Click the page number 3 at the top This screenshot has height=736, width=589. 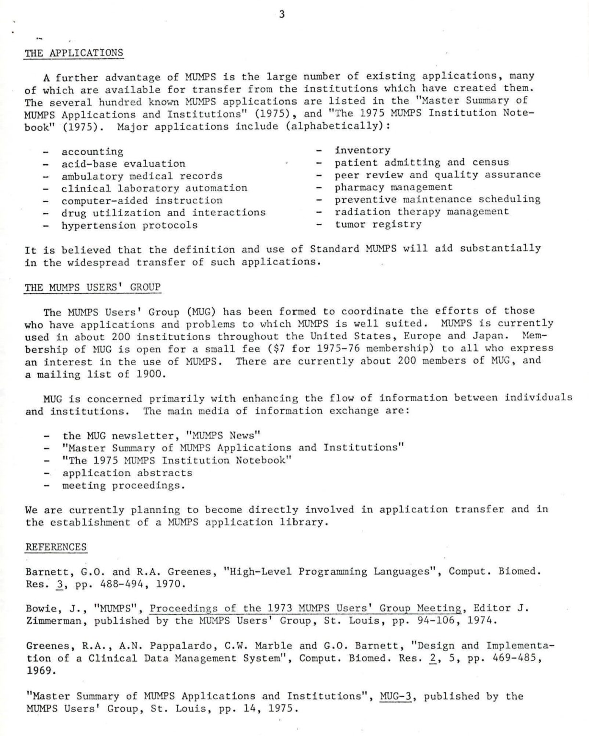click(x=282, y=15)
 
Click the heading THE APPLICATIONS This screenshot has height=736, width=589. click(x=74, y=53)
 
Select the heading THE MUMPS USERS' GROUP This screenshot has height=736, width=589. click(x=92, y=287)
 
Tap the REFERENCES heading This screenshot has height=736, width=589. click(x=56, y=547)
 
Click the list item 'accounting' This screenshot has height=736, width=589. click(x=92, y=152)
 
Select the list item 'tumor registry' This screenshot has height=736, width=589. click(x=378, y=224)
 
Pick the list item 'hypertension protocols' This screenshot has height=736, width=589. click(x=129, y=225)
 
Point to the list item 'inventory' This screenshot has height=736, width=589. click(x=362, y=150)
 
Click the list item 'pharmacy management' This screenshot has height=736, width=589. click(x=393, y=187)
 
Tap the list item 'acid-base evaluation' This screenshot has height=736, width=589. click(x=123, y=164)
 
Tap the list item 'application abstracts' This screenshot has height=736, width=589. click(x=127, y=473)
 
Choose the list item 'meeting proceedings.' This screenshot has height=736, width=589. click(x=124, y=485)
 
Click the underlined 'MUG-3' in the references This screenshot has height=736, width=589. click(x=396, y=696)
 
